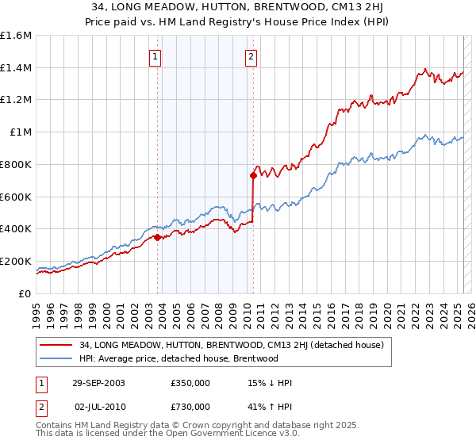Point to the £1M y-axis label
coord(19,132)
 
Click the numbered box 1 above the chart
coord(154,57)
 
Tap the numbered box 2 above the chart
coord(251,57)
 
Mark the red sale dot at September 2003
coord(158,236)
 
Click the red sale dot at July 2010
coord(253,175)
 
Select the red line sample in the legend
coord(56,345)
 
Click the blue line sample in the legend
coord(56,358)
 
